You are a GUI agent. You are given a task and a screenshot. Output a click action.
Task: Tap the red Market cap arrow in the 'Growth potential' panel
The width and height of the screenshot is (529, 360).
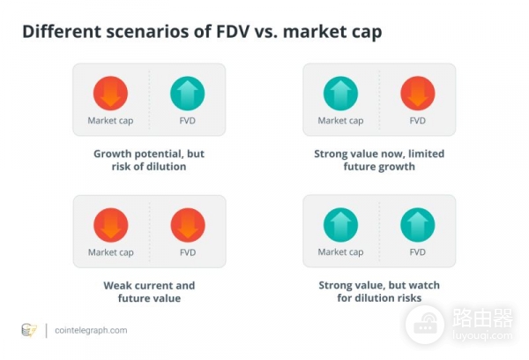[110, 93]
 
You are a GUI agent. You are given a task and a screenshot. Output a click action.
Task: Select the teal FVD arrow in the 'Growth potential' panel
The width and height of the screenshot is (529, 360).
[187, 93]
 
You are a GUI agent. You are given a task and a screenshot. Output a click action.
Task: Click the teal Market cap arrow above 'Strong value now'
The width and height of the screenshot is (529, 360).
[340, 93]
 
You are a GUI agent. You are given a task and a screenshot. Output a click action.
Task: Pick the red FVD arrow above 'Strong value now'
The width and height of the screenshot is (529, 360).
[418, 93]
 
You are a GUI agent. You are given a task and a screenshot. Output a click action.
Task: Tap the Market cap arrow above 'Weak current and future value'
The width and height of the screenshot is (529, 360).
[110, 224]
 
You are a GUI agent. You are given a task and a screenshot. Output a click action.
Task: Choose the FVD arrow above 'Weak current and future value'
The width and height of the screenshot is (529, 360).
[187, 224]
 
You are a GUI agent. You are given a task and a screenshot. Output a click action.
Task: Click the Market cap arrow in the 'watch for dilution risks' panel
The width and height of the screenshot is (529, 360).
[340, 224]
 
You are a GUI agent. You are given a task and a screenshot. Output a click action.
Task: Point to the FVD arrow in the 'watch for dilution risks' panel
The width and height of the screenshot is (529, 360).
[418, 224]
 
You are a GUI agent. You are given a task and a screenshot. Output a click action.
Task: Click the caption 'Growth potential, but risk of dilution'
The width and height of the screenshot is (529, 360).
[149, 160]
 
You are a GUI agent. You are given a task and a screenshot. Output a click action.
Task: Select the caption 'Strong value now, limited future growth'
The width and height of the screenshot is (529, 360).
[379, 160]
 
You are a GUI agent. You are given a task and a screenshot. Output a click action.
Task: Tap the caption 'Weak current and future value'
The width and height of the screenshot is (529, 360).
[149, 291]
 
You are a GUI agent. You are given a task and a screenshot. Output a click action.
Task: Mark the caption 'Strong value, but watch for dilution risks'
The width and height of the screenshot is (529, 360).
[379, 291]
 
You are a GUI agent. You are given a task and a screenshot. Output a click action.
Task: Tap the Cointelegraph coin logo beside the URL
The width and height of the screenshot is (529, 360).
[28, 330]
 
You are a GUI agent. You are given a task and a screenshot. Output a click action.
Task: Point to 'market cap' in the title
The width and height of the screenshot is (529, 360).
[330, 32]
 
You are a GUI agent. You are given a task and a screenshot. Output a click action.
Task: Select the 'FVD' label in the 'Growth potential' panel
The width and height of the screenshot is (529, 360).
[187, 121]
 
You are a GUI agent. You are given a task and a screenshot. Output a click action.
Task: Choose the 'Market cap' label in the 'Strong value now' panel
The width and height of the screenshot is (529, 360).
[340, 121]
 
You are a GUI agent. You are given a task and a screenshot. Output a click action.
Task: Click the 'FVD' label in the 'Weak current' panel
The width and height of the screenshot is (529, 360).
[187, 252]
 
